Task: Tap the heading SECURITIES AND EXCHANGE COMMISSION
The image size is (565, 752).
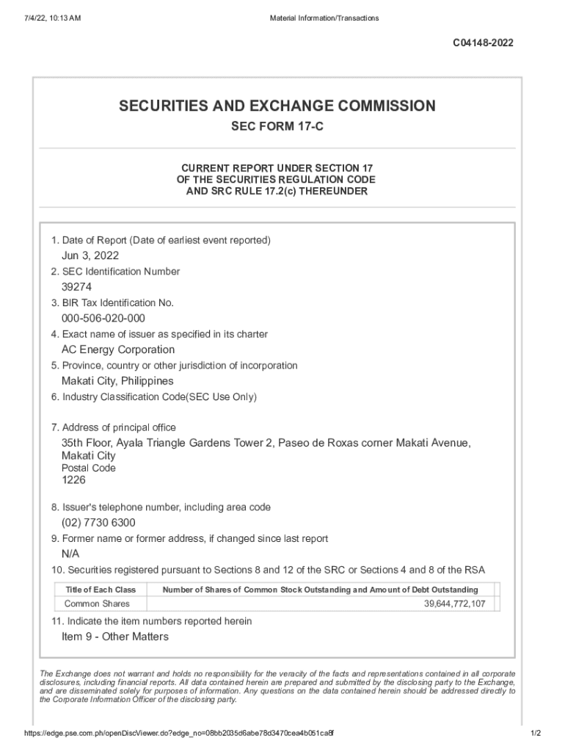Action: pyautogui.click(x=277, y=106)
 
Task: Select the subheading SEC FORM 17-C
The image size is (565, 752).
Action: pyautogui.click(x=277, y=127)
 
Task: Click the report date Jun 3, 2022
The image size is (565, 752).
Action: pyautogui.click(x=90, y=256)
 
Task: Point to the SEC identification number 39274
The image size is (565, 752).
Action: pyautogui.click(x=76, y=287)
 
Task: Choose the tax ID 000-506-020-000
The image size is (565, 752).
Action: pyautogui.click(x=103, y=318)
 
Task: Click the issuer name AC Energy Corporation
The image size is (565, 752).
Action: pyautogui.click(x=118, y=350)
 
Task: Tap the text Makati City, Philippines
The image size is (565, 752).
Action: pyautogui.click(x=117, y=381)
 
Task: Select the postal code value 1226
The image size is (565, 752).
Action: pyautogui.click(x=73, y=480)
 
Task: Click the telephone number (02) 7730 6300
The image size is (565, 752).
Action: pyautogui.click(x=98, y=522)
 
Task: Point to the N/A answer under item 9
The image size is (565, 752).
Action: pyautogui.click(x=70, y=554)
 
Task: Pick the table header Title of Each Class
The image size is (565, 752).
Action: pyautogui.click(x=101, y=590)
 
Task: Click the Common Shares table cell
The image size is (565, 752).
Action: pyautogui.click(x=97, y=604)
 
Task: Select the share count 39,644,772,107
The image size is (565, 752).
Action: pyautogui.click(x=454, y=604)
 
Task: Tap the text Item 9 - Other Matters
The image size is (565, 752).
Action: pyautogui.click(x=115, y=637)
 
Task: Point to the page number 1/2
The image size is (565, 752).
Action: pyautogui.click(x=535, y=734)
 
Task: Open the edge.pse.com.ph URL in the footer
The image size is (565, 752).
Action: pyautogui.click(x=180, y=734)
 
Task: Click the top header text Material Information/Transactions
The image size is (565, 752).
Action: pyautogui.click(x=324, y=18)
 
